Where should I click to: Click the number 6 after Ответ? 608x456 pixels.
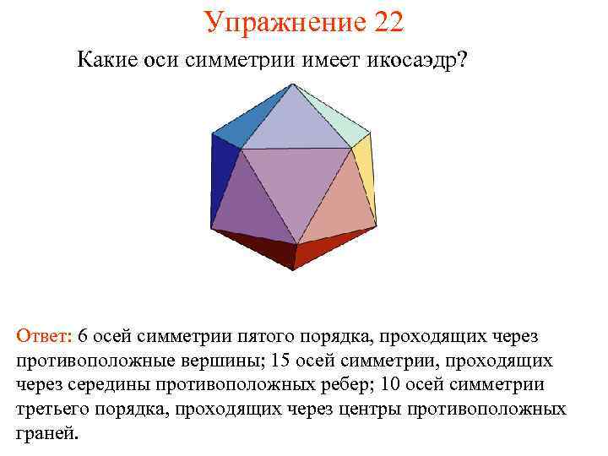(x=83, y=337)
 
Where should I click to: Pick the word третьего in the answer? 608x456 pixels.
(x=57, y=410)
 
